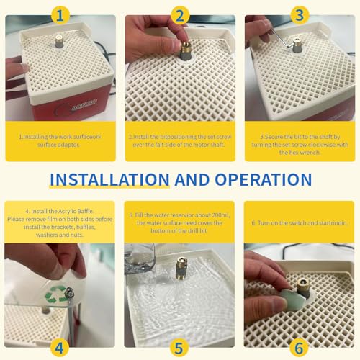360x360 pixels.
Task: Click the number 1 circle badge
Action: click(x=60, y=16)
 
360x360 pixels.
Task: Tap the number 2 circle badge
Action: click(x=180, y=16)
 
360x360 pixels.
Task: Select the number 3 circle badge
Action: click(x=300, y=15)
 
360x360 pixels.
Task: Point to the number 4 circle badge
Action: click(x=60, y=348)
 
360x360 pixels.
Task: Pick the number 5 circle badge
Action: click(x=179, y=348)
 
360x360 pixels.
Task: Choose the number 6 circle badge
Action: click(x=299, y=348)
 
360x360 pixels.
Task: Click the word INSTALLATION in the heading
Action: click(x=109, y=179)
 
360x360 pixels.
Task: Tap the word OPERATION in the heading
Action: click(x=264, y=179)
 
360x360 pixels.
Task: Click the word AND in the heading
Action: click(x=192, y=179)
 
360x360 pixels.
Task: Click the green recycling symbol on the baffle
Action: click(x=55, y=294)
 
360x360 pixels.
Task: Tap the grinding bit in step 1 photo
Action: click(x=59, y=41)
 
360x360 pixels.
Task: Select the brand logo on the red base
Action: click(x=84, y=104)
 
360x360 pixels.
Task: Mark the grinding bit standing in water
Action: click(x=181, y=269)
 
